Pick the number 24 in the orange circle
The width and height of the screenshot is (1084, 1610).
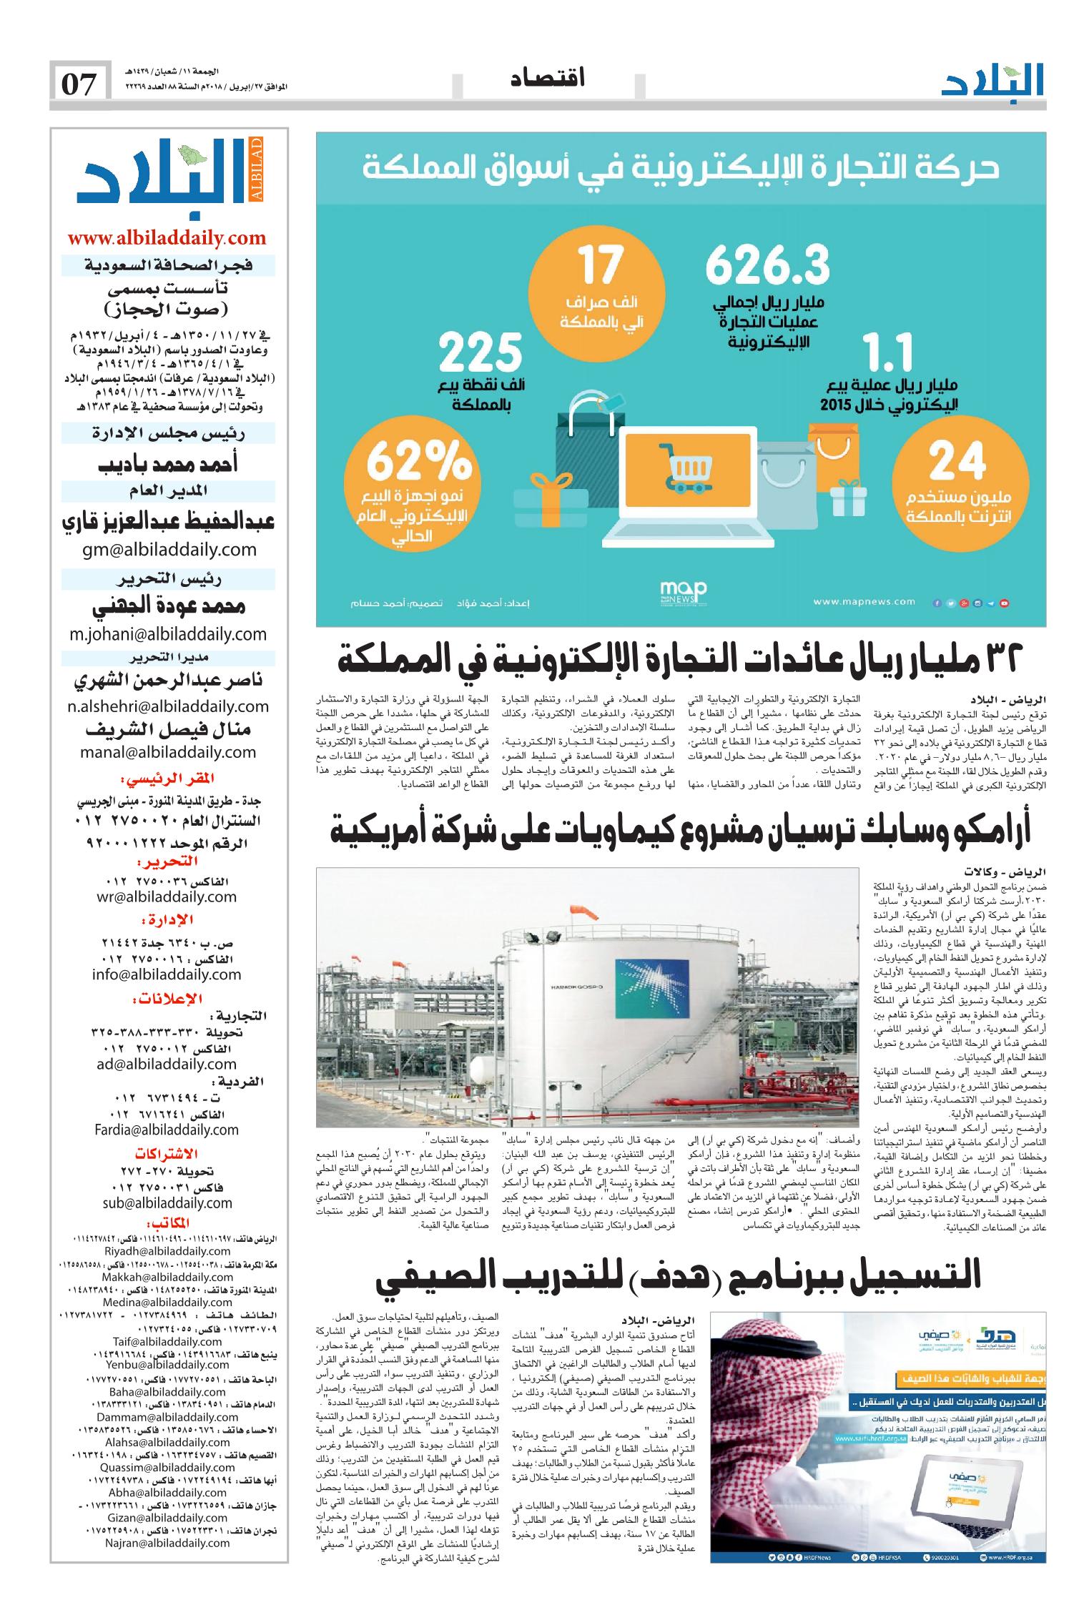[957, 463]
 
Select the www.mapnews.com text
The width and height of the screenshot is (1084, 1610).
[863, 602]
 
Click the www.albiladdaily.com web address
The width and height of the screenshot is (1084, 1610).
[167, 238]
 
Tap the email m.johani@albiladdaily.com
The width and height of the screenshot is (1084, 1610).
[167, 634]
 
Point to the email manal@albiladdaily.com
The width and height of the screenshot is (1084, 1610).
[169, 751]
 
